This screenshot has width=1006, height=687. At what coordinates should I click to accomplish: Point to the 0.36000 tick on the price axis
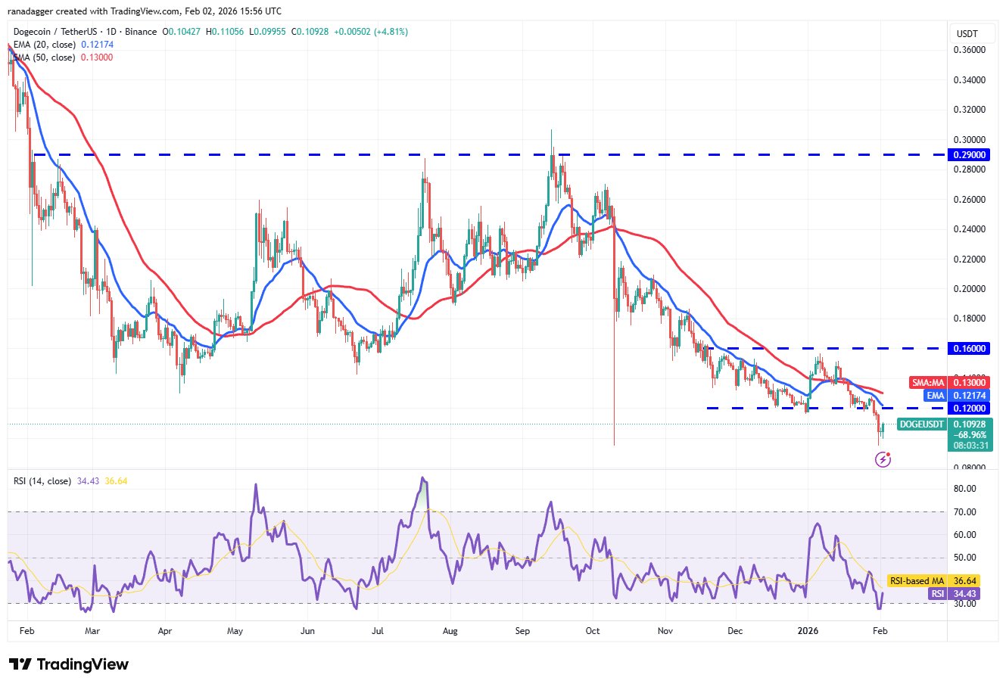970,50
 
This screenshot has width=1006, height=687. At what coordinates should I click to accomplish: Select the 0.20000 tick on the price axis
970,289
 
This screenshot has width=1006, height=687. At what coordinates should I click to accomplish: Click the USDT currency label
967,34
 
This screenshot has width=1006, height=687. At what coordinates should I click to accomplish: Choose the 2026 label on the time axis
808,629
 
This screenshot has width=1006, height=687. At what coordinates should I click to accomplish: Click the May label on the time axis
235,629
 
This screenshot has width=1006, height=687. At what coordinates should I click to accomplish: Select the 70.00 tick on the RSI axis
966,512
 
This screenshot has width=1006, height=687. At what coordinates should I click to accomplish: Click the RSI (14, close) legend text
42,481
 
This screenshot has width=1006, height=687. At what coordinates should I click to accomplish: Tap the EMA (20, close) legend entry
44,45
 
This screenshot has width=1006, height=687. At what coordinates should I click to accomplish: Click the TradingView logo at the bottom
69,664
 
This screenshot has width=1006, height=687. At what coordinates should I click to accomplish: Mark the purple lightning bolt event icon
882,459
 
